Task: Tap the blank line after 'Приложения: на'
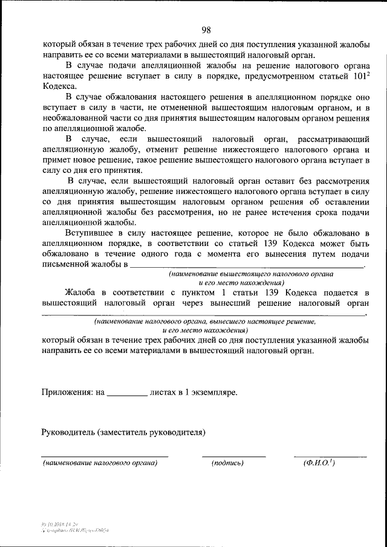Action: pyautogui.click(x=127, y=394)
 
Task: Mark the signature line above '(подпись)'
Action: pyautogui.click(x=233, y=455)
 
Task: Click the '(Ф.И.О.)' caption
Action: pyautogui.click(x=319, y=463)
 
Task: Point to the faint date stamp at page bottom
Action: pyautogui.click(x=60, y=523)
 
